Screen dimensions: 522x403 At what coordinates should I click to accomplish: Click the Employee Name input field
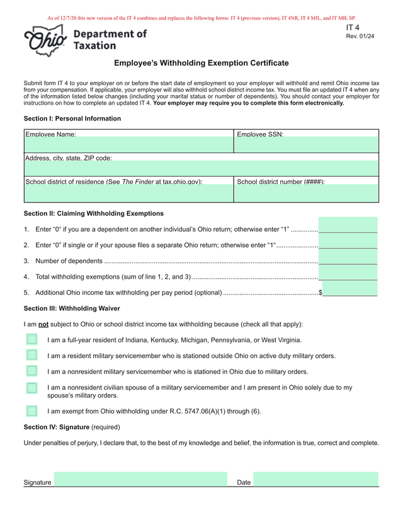pos(128,145)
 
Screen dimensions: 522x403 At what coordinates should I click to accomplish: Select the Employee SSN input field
pos(306,145)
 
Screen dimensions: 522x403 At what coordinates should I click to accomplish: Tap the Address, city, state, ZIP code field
pos(201,169)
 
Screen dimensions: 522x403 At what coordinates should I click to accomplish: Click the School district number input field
pos(306,193)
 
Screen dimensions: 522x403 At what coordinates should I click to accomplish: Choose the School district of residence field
pos(128,193)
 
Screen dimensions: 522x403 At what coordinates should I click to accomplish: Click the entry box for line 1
pos(348,225)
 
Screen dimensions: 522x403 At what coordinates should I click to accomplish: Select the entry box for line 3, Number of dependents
pos(348,257)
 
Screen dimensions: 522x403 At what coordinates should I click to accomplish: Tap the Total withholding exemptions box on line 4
pos(348,272)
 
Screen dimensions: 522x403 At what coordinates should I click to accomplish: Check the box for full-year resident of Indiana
pos(32,340)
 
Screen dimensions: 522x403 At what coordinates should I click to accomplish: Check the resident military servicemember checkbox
pos(32,356)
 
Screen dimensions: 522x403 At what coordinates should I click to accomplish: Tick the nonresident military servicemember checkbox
pos(32,371)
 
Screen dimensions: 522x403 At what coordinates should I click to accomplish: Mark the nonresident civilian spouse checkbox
pos(32,388)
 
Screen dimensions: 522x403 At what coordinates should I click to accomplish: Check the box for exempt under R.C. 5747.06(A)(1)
pos(32,411)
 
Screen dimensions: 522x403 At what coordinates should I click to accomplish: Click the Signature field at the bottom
pos(140,480)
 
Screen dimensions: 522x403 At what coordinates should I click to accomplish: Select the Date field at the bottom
pos(315,480)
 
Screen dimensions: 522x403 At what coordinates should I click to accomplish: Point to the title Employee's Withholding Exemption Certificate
pos(201,63)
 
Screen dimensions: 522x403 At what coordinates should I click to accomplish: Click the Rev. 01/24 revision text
pos(360,37)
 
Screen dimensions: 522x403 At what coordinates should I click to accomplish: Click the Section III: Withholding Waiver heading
pos(72,308)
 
